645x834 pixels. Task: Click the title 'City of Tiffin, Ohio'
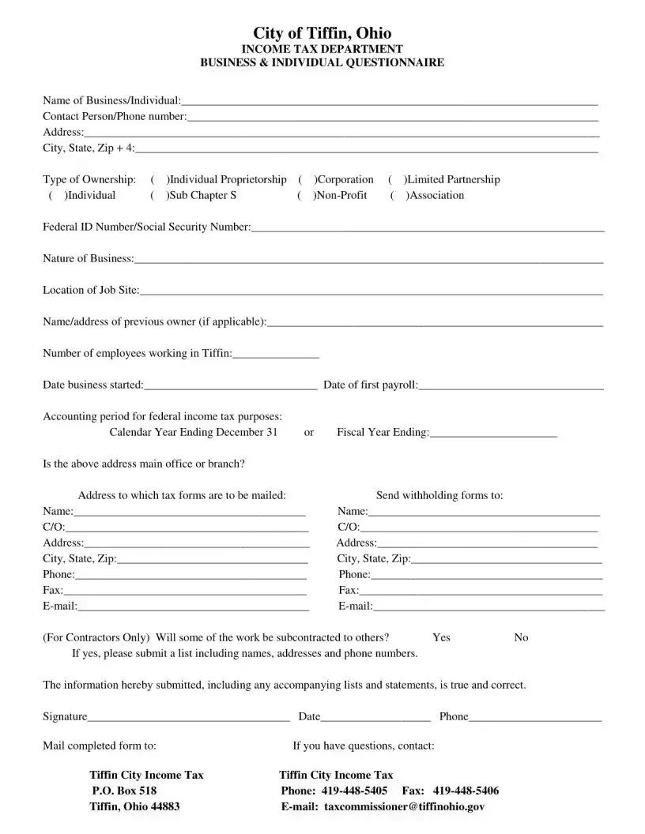point(322,32)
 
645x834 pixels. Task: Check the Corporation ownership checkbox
point(306,180)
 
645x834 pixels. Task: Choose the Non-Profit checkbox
point(305,196)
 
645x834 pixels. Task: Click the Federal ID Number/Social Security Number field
point(427,229)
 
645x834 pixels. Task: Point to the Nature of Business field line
point(368,261)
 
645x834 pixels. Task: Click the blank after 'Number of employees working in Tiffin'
point(276,355)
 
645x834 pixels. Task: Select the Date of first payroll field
point(511,387)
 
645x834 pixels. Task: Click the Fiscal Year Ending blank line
point(493,434)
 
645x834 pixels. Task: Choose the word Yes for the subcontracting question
point(441,637)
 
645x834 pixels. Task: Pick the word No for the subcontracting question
point(521,637)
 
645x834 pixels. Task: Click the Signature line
point(188,719)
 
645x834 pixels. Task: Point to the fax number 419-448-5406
point(466,791)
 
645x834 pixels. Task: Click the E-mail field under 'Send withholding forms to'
point(488,608)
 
